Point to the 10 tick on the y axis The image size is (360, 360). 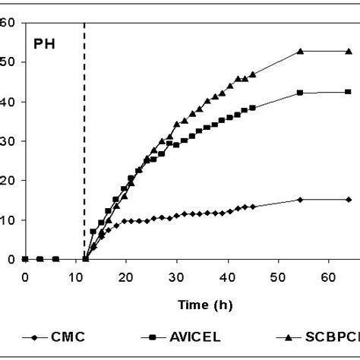point(9,220)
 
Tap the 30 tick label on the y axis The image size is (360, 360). point(9,141)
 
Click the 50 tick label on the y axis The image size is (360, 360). point(9,62)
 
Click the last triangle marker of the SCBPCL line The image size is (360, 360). point(349,51)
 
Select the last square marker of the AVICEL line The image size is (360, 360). point(349,92)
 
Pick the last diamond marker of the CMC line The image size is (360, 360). point(349,199)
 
